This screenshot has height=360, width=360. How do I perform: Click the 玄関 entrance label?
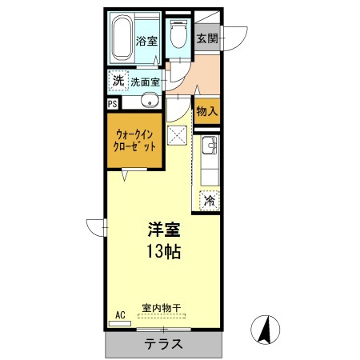(206, 38)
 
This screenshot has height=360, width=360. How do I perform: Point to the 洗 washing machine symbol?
(118, 81)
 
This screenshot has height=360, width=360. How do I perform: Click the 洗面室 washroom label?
(146, 81)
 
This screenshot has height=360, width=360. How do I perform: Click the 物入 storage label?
(206, 110)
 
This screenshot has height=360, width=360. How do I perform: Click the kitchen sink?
(209, 147)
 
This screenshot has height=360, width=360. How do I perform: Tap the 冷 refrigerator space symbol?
(210, 202)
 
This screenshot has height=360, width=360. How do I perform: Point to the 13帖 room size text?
(163, 253)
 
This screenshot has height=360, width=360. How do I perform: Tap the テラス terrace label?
(163, 345)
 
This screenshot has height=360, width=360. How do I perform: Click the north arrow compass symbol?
(266, 330)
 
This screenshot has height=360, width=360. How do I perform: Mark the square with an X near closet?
(177, 134)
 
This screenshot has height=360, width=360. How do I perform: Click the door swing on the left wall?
(98, 227)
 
